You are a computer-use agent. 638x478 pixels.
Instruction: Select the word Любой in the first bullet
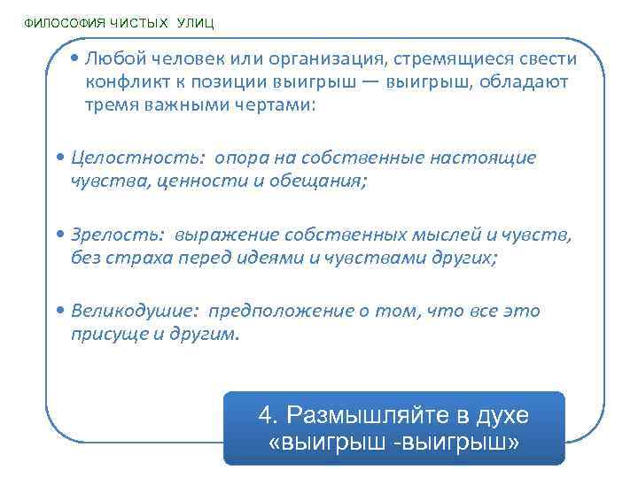113,59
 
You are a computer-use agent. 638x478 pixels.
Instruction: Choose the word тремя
113,104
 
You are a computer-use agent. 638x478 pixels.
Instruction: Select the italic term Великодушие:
136,312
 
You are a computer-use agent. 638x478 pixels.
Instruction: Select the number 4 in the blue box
266,415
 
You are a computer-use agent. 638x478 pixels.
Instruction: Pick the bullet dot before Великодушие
58,312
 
